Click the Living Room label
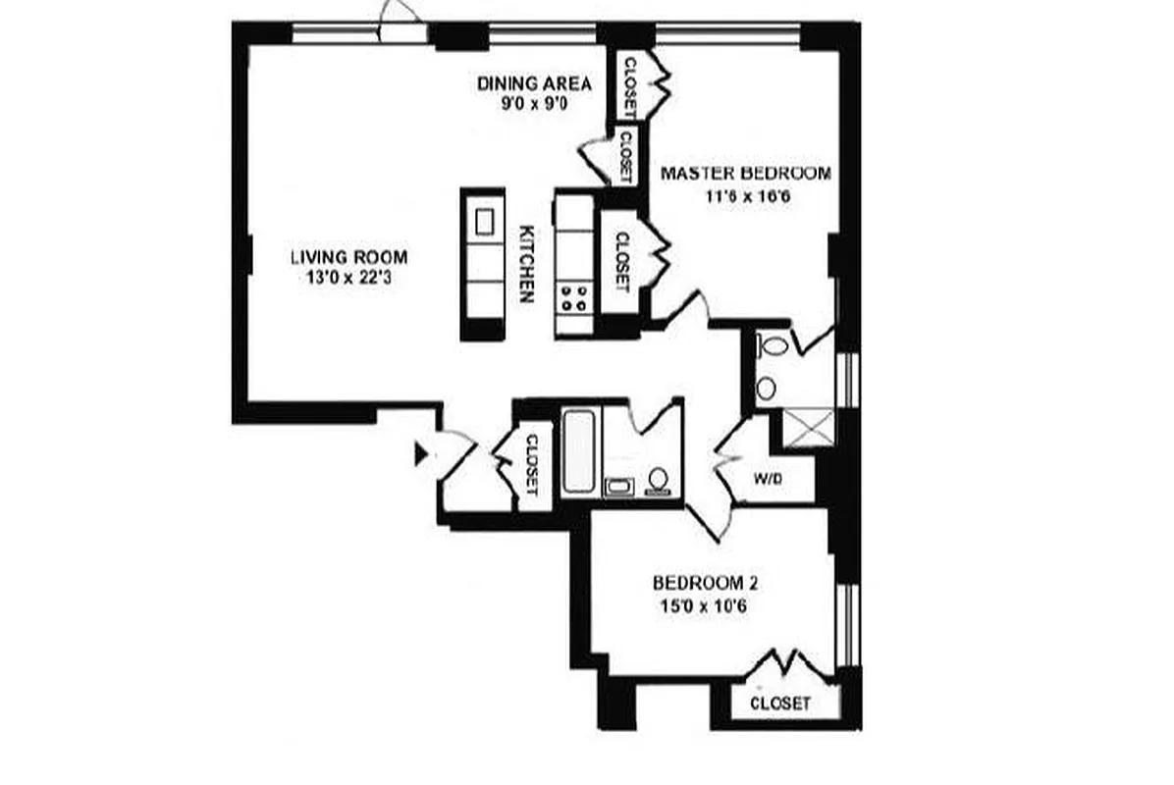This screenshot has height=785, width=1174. tap(348, 258)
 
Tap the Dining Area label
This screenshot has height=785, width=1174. tap(535, 82)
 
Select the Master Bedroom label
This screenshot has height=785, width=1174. tap(745, 174)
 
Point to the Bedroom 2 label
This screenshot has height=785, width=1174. tap(705, 583)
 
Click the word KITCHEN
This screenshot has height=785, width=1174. tap(527, 264)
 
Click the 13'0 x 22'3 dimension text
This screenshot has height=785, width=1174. tap(348, 279)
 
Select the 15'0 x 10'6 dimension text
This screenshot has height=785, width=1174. tap(705, 604)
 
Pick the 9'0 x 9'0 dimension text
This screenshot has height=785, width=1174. tap(535, 103)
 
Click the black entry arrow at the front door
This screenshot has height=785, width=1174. tap(422, 453)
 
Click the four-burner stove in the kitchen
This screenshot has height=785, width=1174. tap(574, 297)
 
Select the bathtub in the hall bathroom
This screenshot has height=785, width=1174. tap(579, 452)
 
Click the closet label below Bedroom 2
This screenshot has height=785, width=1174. tap(780, 704)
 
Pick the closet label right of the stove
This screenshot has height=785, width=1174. tap(621, 261)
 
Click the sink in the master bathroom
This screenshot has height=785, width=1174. tap(766, 389)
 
